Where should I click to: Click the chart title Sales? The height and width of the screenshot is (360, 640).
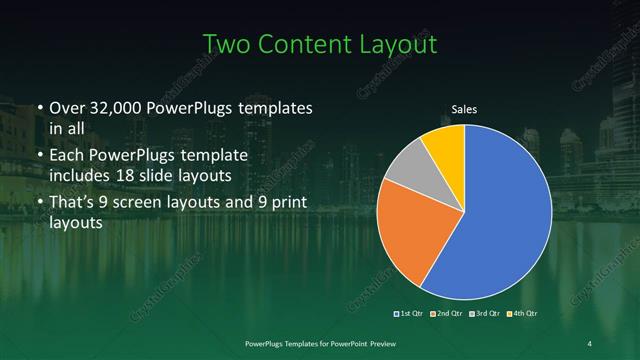click(x=464, y=108)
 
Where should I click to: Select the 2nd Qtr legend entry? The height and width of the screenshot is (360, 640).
click(x=446, y=314)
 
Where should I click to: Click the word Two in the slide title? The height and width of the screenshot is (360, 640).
click(x=228, y=45)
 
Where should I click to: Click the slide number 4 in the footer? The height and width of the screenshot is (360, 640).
click(x=589, y=344)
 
